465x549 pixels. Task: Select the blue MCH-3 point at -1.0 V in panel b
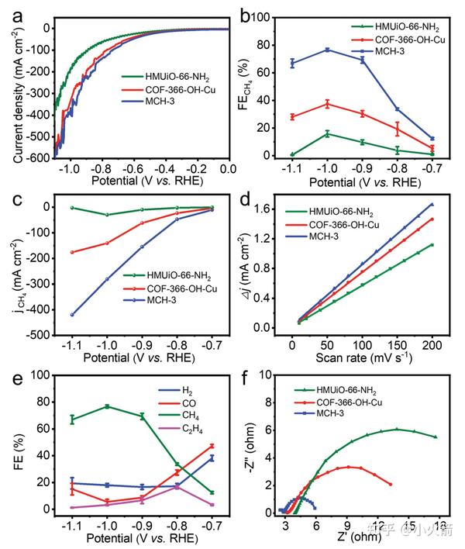pyautogui.click(x=327, y=50)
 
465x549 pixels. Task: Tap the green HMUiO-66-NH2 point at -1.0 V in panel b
pyautogui.click(x=327, y=133)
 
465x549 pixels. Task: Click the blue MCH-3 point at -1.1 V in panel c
pyautogui.click(x=72, y=315)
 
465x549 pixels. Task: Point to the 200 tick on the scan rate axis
pyautogui.click(x=432, y=343)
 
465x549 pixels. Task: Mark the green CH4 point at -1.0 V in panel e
pyautogui.click(x=107, y=406)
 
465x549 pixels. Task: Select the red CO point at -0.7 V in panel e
pyautogui.click(x=212, y=446)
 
